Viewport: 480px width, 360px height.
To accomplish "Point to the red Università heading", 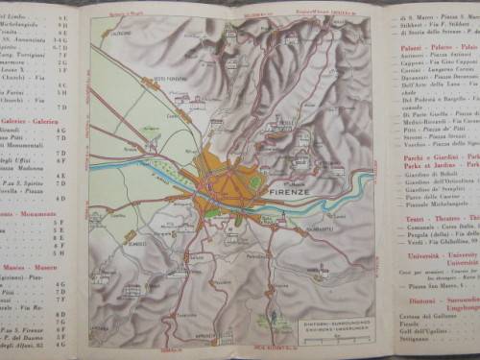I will point(432,255).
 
